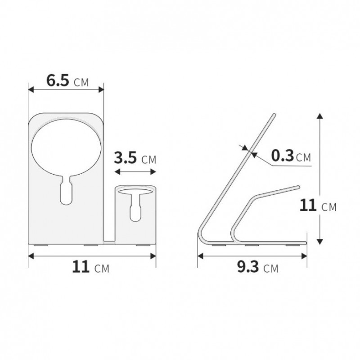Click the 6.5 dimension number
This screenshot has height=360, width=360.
pos(58,81)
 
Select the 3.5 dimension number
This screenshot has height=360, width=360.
pos(126,158)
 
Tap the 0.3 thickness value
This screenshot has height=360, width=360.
pos(283,156)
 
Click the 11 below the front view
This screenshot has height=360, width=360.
pos(81,268)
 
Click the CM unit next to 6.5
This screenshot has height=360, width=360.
pos(81,82)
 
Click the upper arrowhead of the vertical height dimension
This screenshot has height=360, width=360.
pos(319,117)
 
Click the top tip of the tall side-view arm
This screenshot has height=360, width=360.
pos(274,115)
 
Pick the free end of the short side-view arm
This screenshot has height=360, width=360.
pos(297,186)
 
